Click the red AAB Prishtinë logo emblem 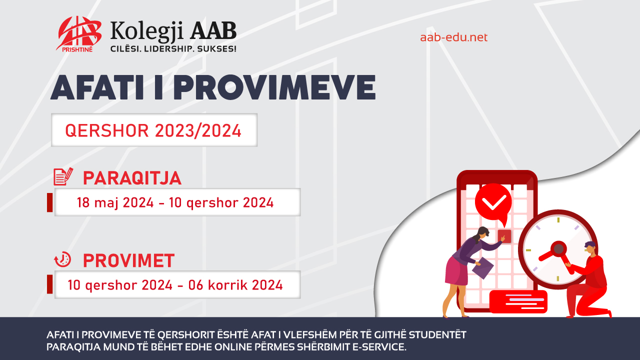click(79, 33)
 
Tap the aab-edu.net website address click(453, 37)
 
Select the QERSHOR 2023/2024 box click(154, 130)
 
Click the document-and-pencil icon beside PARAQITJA click(63, 176)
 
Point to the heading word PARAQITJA click(132, 178)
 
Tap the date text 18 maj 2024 click(115, 202)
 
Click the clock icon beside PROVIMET click(63, 259)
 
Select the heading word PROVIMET click(128, 260)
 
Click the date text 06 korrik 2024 click(235, 285)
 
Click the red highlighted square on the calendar click(504, 236)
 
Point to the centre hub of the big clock click(558, 249)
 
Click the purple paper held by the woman click(482, 268)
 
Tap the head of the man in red click(590, 248)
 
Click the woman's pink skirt click(457, 271)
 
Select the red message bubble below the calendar click(518, 301)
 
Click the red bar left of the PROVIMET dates click(49, 284)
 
